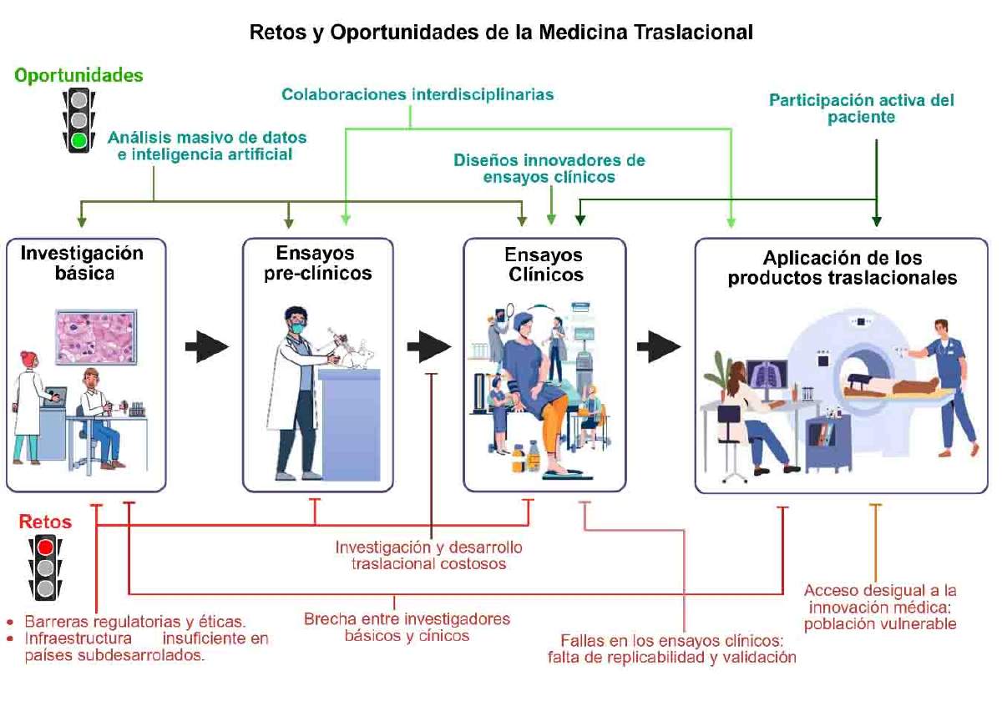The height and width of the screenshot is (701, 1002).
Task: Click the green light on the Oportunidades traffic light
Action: [x=79, y=140]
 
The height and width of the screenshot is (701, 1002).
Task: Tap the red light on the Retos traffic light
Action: [x=45, y=547]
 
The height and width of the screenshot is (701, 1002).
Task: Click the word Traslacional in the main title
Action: [x=693, y=33]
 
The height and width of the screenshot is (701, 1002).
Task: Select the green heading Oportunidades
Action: [x=78, y=75]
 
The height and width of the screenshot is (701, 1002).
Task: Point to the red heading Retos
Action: [x=45, y=522]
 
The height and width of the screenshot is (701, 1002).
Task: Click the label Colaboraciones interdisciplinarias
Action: [x=417, y=94]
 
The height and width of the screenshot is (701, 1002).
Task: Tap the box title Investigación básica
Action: [x=83, y=263]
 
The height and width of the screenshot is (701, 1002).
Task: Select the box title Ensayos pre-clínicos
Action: [x=317, y=263]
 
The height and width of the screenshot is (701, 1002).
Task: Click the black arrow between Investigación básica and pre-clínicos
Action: [x=207, y=346]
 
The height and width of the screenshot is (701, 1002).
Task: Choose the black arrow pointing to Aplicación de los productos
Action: [x=659, y=346]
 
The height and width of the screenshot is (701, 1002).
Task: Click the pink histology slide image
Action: [x=96, y=337]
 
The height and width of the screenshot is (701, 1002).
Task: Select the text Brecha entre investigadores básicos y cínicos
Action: [x=407, y=628]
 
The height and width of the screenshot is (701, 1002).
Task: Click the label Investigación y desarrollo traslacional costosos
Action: [x=429, y=555]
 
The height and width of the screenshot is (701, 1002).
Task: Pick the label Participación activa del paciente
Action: [x=862, y=108]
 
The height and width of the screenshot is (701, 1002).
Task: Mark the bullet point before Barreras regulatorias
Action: [x=10, y=622]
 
